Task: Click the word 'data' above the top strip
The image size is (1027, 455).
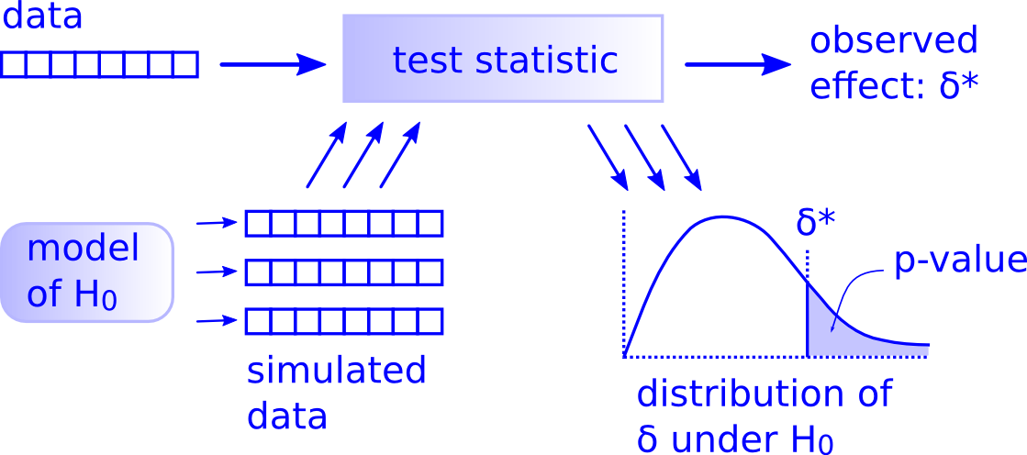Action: (x=42, y=17)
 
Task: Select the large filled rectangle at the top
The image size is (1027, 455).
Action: (x=503, y=59)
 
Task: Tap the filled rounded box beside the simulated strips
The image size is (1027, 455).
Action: (x=87, y=272)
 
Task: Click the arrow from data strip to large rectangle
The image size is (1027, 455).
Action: (x=273, y=64)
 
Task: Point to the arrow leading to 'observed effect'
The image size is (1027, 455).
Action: (x=737, y=64)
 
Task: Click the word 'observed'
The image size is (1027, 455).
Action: (x=893, y=41)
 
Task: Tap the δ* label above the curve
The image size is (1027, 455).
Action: (x=817, y=223)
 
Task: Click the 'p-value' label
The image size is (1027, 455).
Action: (x=959, y=261)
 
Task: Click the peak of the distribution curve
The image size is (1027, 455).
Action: (x=724, y=217)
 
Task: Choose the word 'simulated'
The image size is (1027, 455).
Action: (x=337, y=372)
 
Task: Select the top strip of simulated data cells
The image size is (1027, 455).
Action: (x=343, y=224)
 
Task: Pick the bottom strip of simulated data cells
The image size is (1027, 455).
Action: (x=343, y=322)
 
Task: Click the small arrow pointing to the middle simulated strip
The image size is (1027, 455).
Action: (x=217, y=272)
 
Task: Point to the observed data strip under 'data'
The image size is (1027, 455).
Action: (x=99, y=64)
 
